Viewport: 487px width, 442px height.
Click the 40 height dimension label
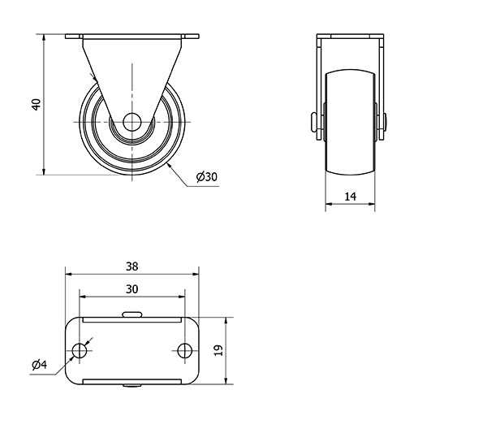tap(37, 105)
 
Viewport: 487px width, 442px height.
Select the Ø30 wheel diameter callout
tap(207, 177)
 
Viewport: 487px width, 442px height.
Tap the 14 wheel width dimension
tap(351, 197)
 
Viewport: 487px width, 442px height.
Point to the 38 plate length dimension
tap(132, 266)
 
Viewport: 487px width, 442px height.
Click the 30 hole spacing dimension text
tap(132, 289)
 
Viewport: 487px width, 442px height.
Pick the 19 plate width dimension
tap(218, 350)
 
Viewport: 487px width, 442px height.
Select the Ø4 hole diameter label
tap(40, 364)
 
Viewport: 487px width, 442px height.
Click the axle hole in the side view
tap(132, 122)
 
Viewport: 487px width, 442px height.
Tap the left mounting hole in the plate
tap(80, 351)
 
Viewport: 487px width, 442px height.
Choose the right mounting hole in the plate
tap(185, 351)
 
